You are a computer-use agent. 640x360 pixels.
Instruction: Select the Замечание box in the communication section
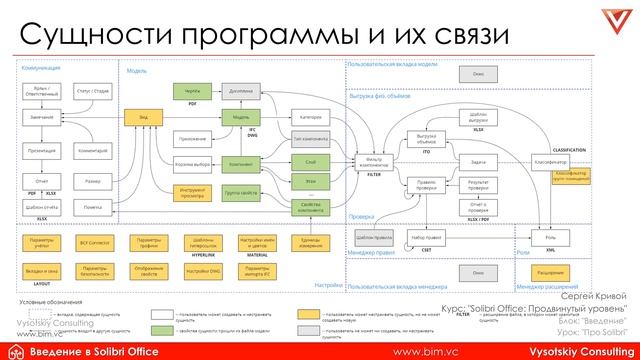pos(43,117)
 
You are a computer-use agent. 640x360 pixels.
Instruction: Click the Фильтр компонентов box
pos(374,161)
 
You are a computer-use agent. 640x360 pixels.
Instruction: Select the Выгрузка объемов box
pos(426,138)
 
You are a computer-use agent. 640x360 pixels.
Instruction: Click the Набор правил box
pos(425,237)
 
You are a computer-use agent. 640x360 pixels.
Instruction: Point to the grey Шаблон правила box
pos(371,237)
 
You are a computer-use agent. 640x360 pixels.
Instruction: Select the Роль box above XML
pos(550,237)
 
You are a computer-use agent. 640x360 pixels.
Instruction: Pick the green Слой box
pos(311,161)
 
